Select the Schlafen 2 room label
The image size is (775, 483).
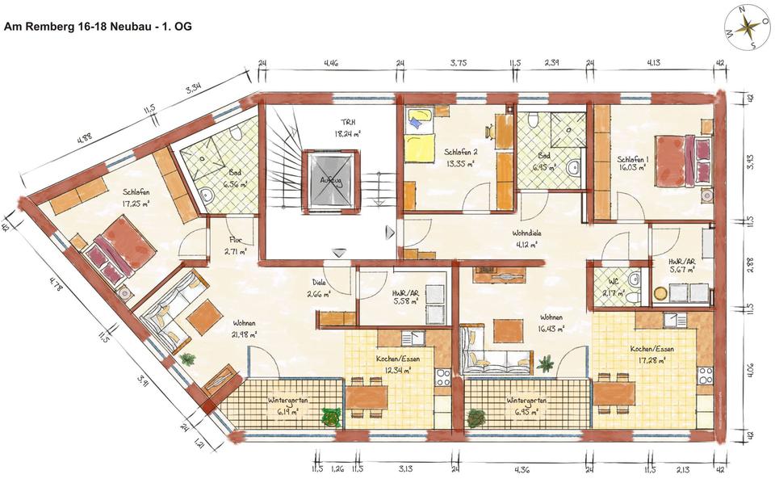460,156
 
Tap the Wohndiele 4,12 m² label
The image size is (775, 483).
530,239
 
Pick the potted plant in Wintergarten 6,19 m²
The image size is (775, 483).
331,417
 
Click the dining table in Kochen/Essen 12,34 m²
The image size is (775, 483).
368,396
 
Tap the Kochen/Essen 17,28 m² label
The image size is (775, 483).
651,354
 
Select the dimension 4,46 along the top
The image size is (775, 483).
331,61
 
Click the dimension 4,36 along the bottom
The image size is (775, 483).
522,468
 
